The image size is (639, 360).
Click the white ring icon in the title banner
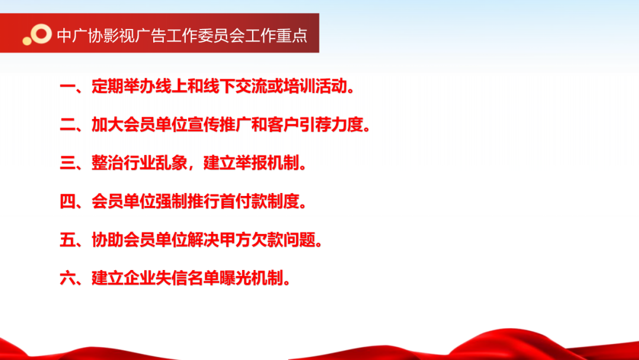click(x=41, y=33)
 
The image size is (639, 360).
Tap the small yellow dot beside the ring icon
click(x=27, y=41)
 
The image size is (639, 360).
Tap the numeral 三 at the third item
click(x=67, y=163)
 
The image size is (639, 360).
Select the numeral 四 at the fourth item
click(x=67, y=201)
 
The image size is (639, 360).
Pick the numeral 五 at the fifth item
click(x=67, y=240)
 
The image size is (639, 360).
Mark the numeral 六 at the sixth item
click(x=67, y=278)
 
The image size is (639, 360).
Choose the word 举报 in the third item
click(x=251, y=163)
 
